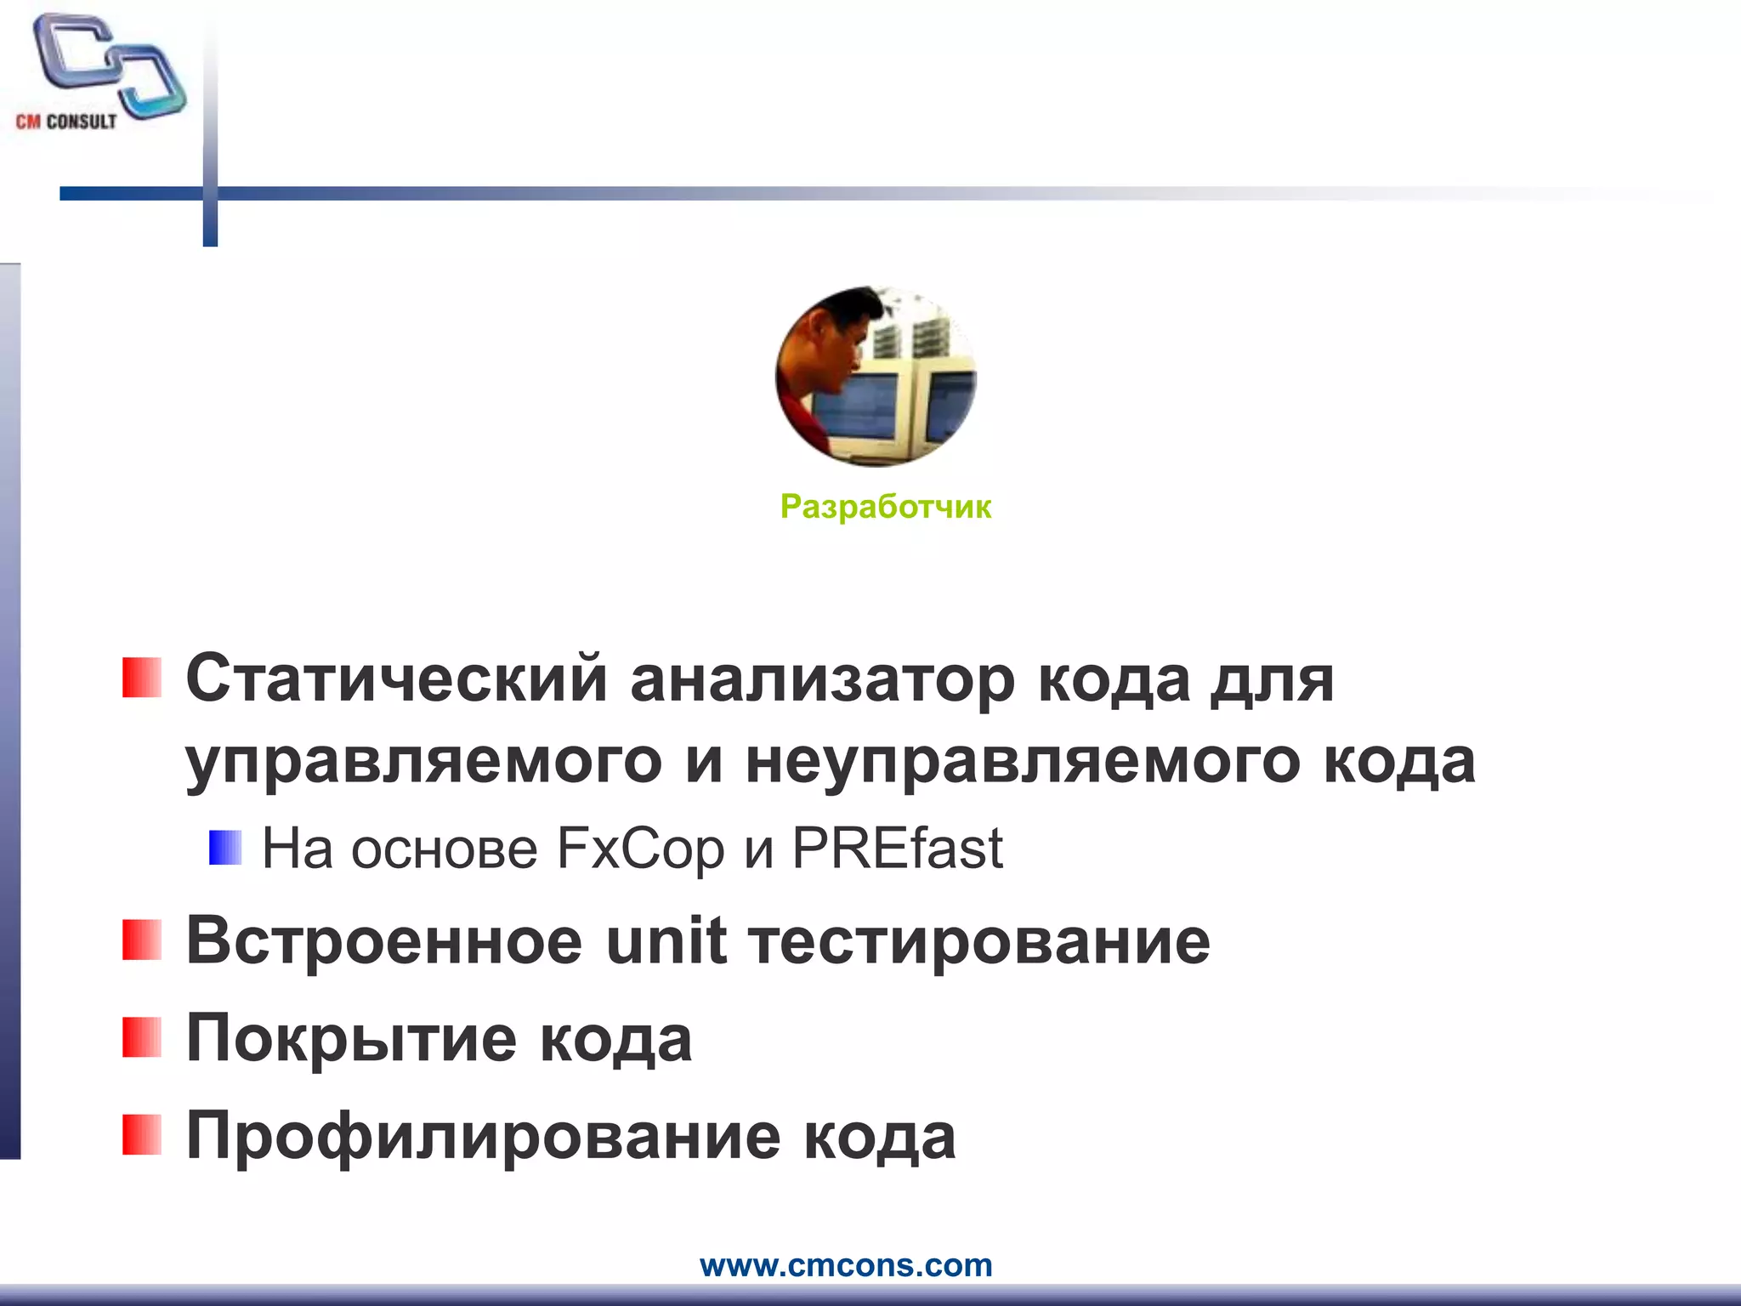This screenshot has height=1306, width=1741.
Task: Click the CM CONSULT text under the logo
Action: (x=66, y=122)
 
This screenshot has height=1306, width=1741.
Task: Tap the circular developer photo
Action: (x=876, y=377)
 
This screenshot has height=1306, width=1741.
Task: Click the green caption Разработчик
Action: (x=885, y=507)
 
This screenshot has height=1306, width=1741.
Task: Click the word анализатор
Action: (x=822, y=679)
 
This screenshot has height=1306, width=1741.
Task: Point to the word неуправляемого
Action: (x=1023, y=761)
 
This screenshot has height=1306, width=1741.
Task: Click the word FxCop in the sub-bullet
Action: (x=639, y=849)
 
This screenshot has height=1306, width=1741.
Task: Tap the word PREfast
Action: (x=897, y=849)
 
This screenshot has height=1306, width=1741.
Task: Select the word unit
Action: (x=666, y=941)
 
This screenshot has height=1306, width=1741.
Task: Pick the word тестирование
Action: (x=980, y=941)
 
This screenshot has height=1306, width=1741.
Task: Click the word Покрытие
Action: (x=351, y=1039)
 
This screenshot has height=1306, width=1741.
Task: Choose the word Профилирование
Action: (x=483, y=1137)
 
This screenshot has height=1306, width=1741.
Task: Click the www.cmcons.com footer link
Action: (x=846, y=1265)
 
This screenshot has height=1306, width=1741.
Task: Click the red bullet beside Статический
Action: (x=141, y=678)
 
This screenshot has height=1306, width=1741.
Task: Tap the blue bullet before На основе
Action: (x=225, y=848)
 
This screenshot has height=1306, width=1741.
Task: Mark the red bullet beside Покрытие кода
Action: (x=141, y=1037)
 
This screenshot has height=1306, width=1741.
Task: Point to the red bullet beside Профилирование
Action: (x=141, y=1135)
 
